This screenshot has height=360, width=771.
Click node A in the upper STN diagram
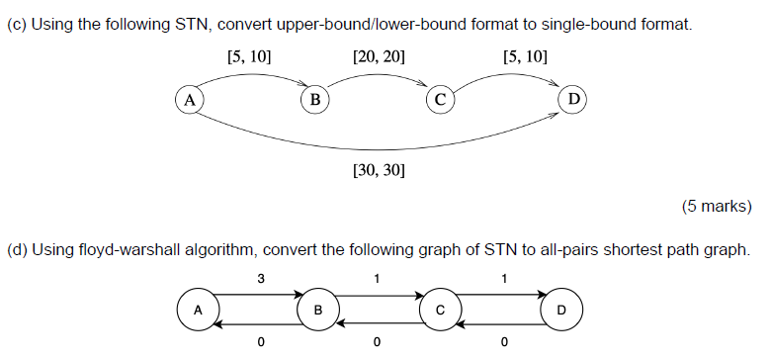click(x=188, y=99)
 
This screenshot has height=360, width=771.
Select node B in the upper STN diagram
click(x=314, y=99)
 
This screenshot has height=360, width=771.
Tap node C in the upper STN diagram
click(x=440, y=99)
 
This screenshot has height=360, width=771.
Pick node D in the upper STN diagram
click(x=572, y=99)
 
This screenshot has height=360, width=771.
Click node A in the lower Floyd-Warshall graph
click(x=198, y=310)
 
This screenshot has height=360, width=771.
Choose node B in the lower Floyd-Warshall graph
click(x=318, y=310)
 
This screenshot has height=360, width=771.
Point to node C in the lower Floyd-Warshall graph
click(x=440, y=310)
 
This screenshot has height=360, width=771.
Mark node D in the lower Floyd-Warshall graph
click(x=561, y=310)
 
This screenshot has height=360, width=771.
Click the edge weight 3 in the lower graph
click(x=260, y=279)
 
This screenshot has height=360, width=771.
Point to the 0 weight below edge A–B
click(x=260, y=343)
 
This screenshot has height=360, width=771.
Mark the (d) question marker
click(x=17, y=249)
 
